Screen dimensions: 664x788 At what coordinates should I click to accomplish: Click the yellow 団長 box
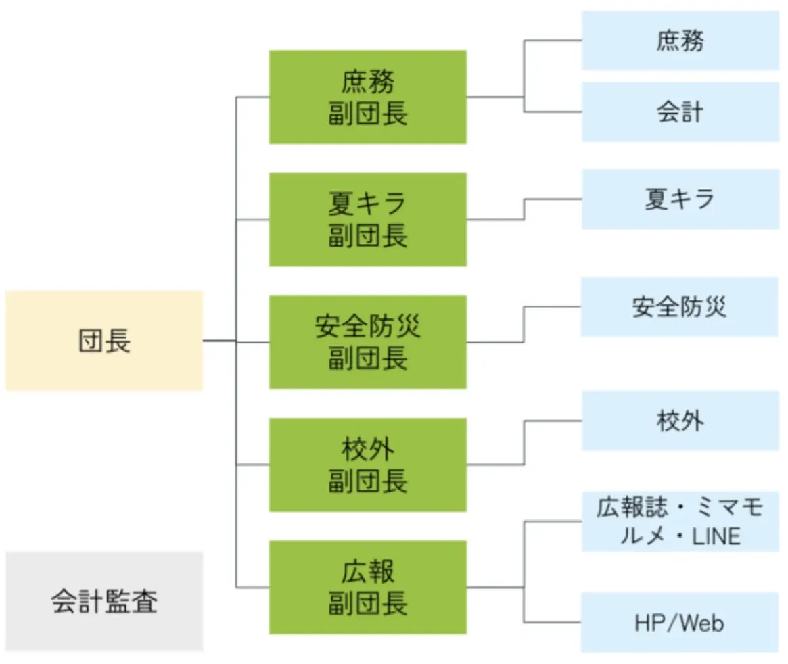coord(104,341)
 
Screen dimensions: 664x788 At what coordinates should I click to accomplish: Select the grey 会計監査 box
coord(104,600)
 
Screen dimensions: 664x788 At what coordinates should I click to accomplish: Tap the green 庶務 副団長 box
coord(367,97)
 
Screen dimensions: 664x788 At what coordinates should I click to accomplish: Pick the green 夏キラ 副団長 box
coord(367,219)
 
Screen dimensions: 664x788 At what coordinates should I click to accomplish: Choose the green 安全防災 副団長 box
coord(367,341)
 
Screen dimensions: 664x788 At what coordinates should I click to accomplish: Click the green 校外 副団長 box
coord(367,464)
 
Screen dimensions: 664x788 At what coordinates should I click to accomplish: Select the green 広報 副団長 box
coord(367,587)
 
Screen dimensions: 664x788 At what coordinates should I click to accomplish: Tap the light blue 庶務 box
coord(680,41)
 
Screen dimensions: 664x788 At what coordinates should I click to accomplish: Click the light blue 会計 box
coord(680,112)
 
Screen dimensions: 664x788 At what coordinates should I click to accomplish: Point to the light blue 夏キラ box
coord(680,199)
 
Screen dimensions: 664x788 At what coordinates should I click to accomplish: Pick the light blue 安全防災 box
coord(680,306)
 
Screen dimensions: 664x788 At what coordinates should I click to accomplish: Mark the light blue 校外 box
coord(680,421)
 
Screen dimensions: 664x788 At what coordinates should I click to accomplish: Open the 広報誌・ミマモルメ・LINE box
coord(680,521)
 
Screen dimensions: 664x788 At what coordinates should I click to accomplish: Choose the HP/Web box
coord(680,622)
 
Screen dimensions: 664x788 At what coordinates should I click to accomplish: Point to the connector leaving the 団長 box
coord(219,341)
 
